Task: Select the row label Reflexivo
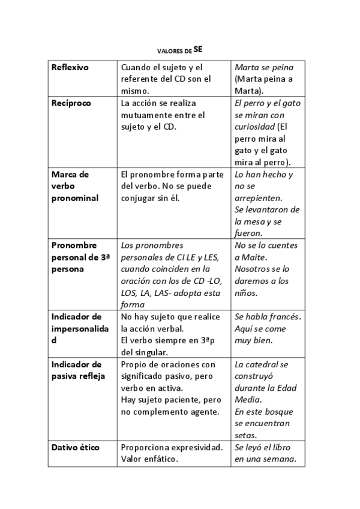click(x=70, y=67)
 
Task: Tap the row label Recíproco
click(x=71, y=103)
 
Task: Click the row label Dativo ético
click(x=76, y=447)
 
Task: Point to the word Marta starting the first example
click(x=247, y=67)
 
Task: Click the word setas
click(x=246, y=435)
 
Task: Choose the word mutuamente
click(x=143, y=115)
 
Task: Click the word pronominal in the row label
click(x=75, y=198)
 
